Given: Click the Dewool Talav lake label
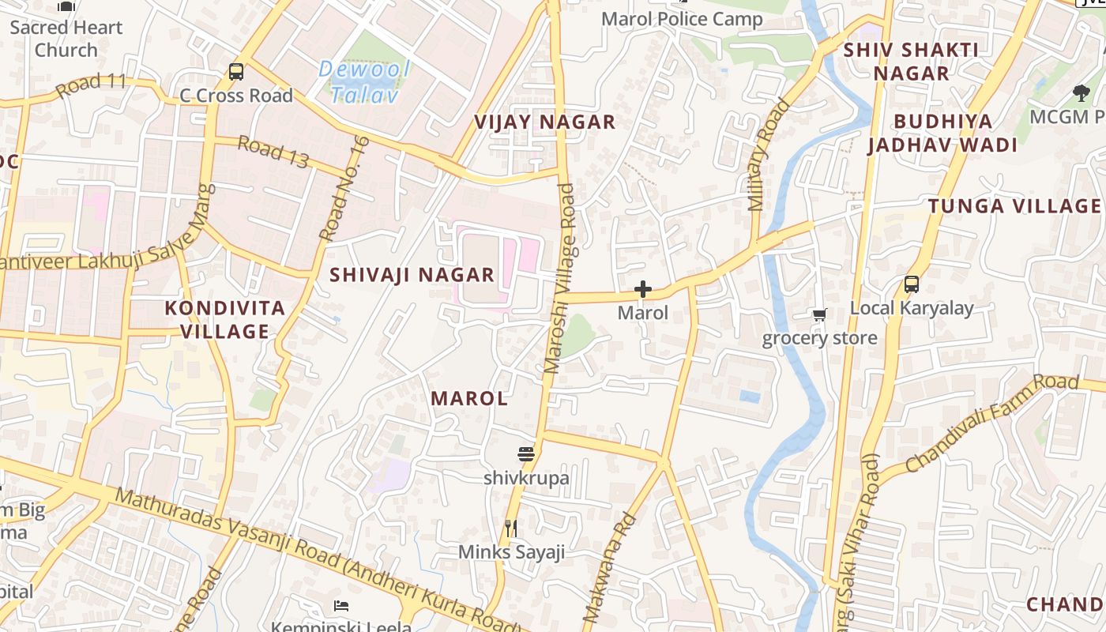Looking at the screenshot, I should (x=364, y=81).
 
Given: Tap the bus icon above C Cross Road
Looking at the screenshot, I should (x=235, y=72).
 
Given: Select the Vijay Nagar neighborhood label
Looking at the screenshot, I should (x=544, y=122).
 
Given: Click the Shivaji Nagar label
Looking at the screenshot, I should (x=412, y=275).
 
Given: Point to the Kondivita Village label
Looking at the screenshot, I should (x=225, y=319).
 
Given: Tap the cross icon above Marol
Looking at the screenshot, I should (x=643, y=290).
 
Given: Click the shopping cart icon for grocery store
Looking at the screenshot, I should (x=820, y=314).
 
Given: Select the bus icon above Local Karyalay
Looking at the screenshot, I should (x=911, y=284).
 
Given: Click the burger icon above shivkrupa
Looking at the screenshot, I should (x=526, y=454).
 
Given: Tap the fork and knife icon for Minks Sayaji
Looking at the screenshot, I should (x=511, y=528).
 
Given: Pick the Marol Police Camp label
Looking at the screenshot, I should (x=682, y=19).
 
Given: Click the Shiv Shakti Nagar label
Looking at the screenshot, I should (x=911, y=61).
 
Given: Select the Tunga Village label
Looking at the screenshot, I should (x=1014, y=206).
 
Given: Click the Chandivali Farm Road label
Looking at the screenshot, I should (x=991, y=423).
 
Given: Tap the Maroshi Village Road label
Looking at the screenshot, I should (x=560, y=278).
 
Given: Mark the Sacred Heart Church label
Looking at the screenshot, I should (x=66, y=38).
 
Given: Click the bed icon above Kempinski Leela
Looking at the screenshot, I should (x=341, y=606).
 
